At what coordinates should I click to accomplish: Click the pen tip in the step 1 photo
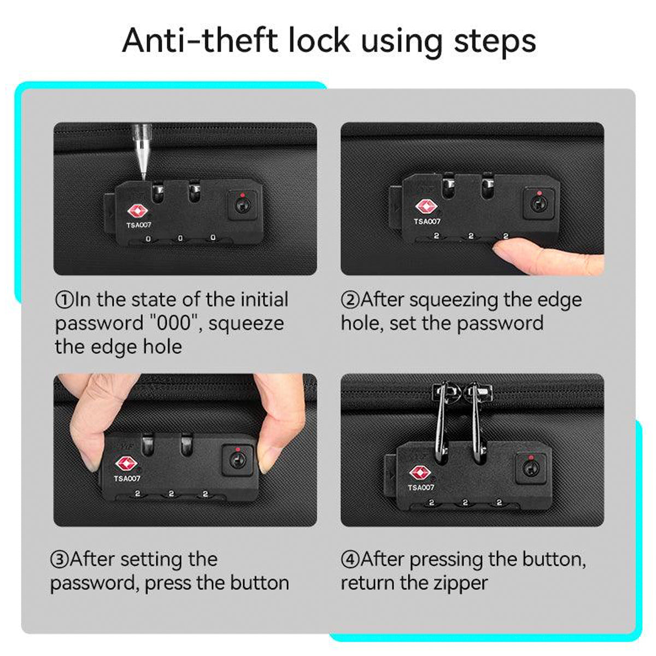point(144,177)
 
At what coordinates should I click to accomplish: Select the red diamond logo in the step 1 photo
point(137,212)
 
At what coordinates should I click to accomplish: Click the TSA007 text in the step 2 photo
point(427,221)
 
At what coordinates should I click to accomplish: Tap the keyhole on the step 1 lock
point(242,206)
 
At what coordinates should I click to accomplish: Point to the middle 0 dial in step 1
point(180,238)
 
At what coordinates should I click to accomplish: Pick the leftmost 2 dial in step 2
point(436,236)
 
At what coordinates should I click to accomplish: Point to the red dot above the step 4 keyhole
point(531,457)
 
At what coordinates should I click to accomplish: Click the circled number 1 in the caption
point(65,300)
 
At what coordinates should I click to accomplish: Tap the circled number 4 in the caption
point(350,560)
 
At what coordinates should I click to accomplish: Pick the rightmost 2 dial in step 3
point(205,494)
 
